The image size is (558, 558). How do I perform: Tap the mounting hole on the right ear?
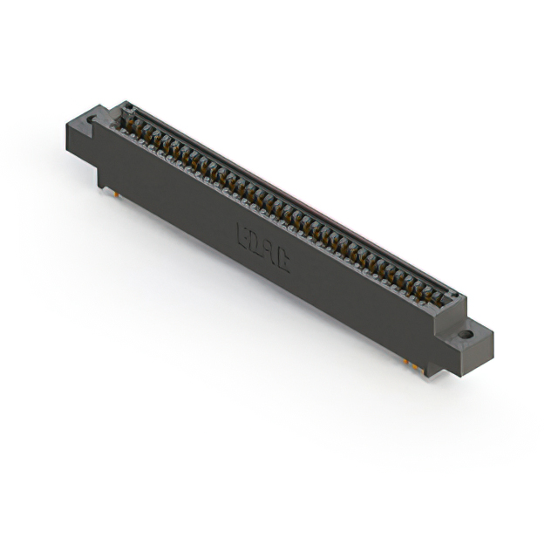(x=466, y=333)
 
